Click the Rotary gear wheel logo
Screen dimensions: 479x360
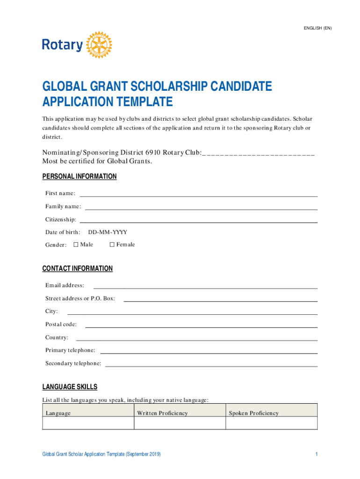coord(99,45)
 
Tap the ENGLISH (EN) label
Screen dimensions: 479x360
coord(318,28)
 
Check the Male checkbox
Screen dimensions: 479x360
coord(76,245)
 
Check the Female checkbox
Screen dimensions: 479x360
coord(112,245)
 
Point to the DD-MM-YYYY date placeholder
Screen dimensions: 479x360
coord(108,232)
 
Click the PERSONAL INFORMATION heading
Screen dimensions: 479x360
coord(79,176)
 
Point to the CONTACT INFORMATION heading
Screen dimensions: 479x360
coord(78,269)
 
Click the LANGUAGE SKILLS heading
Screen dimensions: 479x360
coord(70,387)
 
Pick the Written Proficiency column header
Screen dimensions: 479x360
coord(162,413)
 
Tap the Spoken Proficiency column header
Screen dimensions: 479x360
coord(253,413)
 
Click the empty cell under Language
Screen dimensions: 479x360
coord(88,423)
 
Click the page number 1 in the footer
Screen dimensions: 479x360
coord(317,454)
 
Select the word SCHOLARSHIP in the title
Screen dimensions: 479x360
coord(149,87)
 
